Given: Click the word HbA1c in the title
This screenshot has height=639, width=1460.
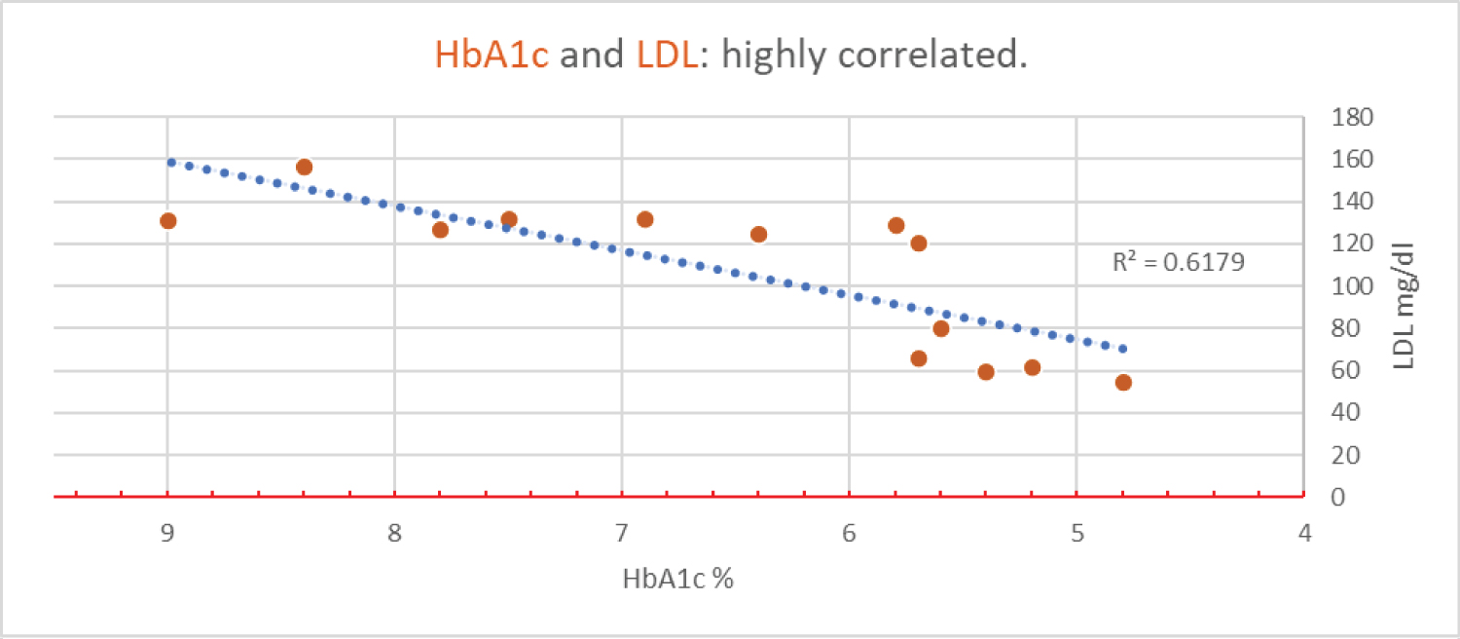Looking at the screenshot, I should pos(492,56).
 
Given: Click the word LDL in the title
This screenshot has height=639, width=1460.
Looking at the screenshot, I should pos(667,56).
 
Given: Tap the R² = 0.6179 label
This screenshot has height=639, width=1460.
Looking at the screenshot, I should pos(1179,262).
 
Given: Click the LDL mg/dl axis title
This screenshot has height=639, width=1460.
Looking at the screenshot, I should pos(1405,305).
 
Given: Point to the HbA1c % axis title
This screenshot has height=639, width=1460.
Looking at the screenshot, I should pos(677,579).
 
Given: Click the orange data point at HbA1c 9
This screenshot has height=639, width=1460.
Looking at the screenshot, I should pos(168,221).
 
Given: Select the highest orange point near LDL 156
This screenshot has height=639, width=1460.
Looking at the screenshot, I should pos(304,168).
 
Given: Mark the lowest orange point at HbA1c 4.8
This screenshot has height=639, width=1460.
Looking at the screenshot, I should pos(1123,382).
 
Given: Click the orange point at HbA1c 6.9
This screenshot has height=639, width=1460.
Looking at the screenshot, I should pos(644,219).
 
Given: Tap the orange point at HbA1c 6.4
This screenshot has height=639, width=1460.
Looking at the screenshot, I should pos(758,234).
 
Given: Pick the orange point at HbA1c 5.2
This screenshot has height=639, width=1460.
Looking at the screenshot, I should pos(1033,367).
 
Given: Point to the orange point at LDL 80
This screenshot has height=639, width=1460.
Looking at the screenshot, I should pos(941,328).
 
